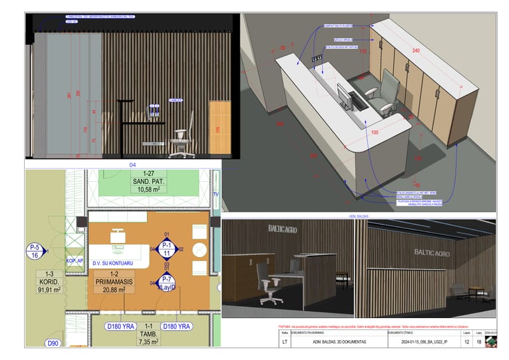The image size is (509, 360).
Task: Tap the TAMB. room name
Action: coord(148,333)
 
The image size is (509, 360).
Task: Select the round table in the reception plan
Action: coord(199,249)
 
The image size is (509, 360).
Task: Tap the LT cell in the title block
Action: coord(284,342)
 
